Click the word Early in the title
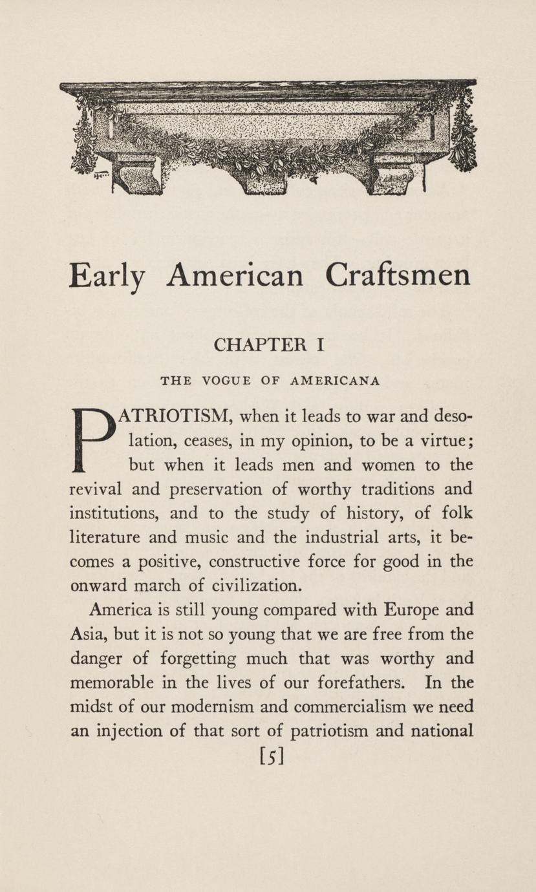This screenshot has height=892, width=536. point(106,276)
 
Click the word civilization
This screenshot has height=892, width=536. point(246,586)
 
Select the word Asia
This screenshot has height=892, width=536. point(85,634)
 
